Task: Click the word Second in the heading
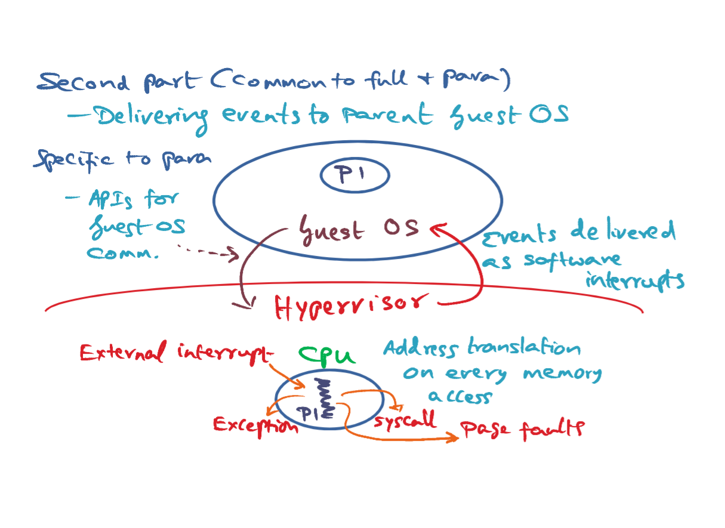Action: coord(84,82)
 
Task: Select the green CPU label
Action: coord(327,356)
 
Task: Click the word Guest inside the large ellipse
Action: coord(332,230)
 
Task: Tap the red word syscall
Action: coord(405,420)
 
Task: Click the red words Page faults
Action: coord(522,429)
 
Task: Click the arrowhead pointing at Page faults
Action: coord(452,437)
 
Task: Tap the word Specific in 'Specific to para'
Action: coord(74,160)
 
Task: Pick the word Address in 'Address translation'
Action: coord(421,348)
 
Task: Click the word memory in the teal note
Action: coord(563,374)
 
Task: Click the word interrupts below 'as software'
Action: coord(635,280)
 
